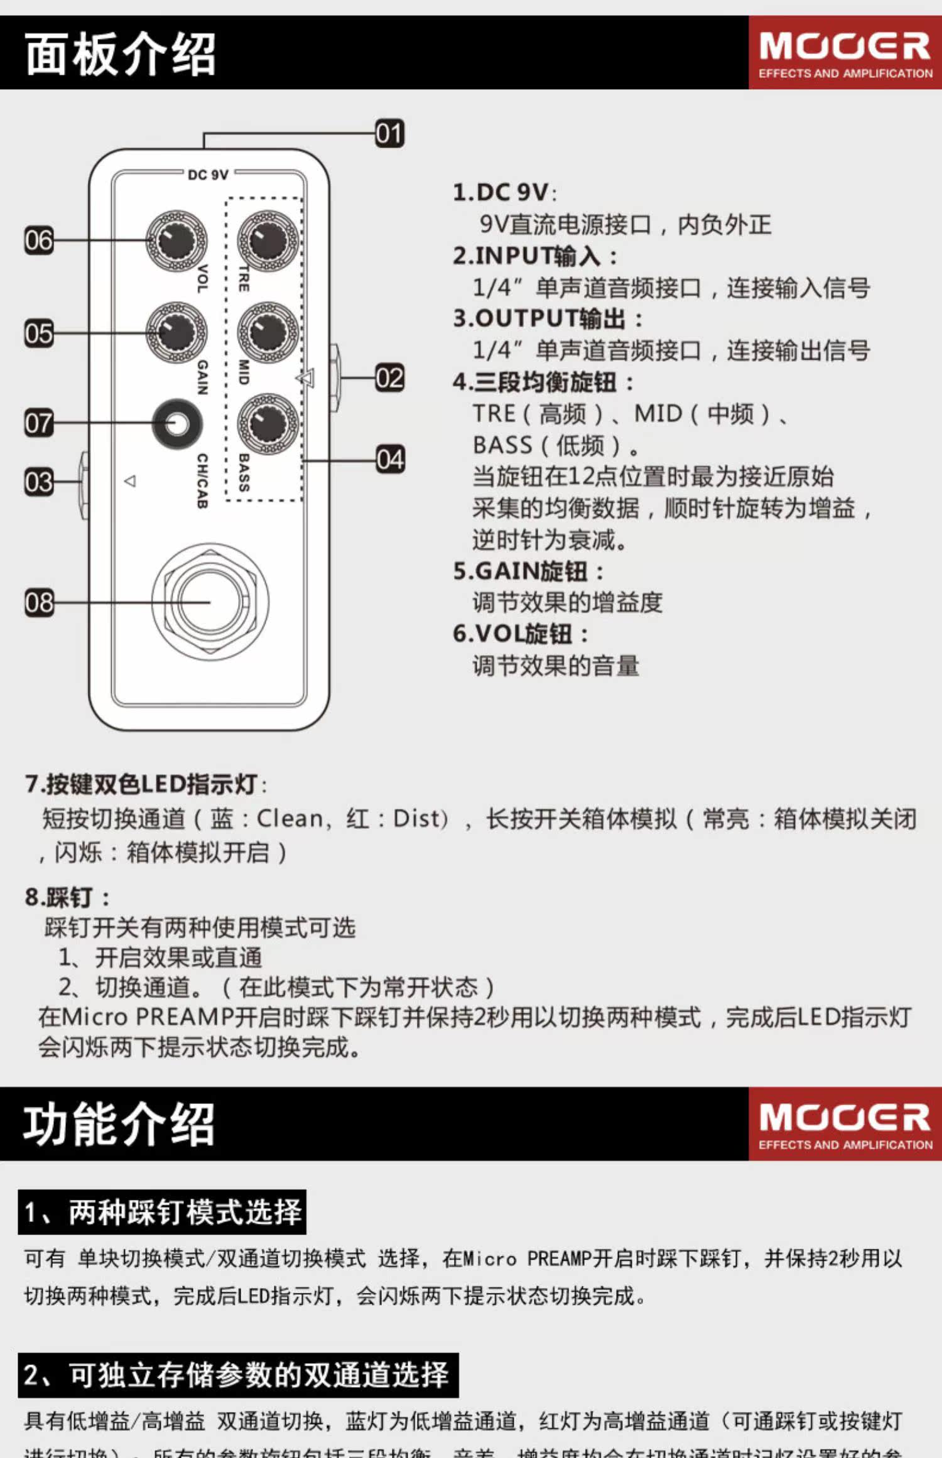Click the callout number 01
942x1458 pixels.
click(x=389, y=134)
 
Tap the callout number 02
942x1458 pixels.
click(x=389, y=378)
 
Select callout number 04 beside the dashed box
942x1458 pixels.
click(x=389, y=460)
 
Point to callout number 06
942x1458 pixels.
click(x=39, y=240)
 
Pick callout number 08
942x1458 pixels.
click(x=39, y=602)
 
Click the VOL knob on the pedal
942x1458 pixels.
click(x=176, y=241)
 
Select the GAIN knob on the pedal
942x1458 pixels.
click(x=176, y=332)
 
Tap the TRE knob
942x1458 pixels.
click(x=268, y=241)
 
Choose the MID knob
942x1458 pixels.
click(x=268, y=332)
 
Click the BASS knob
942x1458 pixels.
click(x=268, y=424)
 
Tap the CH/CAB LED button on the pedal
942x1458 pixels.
click(x=177, y=424)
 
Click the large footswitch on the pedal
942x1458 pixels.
click(x=210, y=602)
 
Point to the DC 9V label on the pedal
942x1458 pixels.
click(x=208, y=175)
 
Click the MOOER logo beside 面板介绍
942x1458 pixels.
click(x=845, y=53)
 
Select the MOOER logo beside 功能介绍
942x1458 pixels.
click(x=845, y=1124)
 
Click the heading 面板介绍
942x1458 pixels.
click(x=121, y=54)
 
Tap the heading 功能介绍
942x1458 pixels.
click(x=119, y=1124)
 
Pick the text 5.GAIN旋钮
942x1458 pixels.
click(x=529, y=571)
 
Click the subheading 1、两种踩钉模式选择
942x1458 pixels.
click(x=162, y=1212)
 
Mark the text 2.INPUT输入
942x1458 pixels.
click(x=535, y=256)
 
